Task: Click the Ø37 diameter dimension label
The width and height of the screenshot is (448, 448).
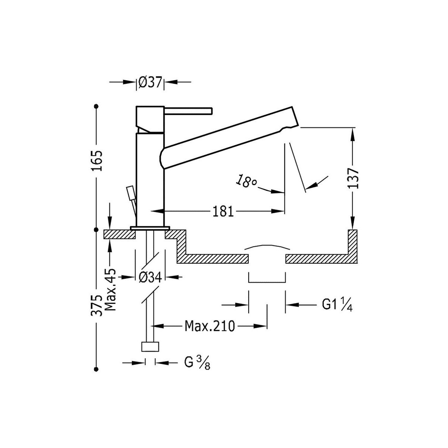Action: click(x=150, y=82)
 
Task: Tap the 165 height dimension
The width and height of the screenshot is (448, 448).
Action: click(x=97, y=161)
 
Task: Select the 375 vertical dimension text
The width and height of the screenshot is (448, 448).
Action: click(x=97, y=305)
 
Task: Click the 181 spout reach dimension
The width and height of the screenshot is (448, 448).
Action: click(x=223, y=211)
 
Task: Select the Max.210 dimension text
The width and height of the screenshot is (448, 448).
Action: click(x=210, y=326)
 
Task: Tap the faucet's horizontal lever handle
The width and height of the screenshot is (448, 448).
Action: click(x=189, y=111)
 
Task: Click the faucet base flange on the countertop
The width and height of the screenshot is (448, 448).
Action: click(x=150, y=228)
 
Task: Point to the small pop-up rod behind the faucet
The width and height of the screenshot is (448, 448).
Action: click(x=130, y=194)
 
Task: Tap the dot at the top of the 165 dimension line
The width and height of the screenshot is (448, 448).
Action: click(x=97, y=106)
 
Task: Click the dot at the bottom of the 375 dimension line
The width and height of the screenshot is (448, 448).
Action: click(x=97, y=369)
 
